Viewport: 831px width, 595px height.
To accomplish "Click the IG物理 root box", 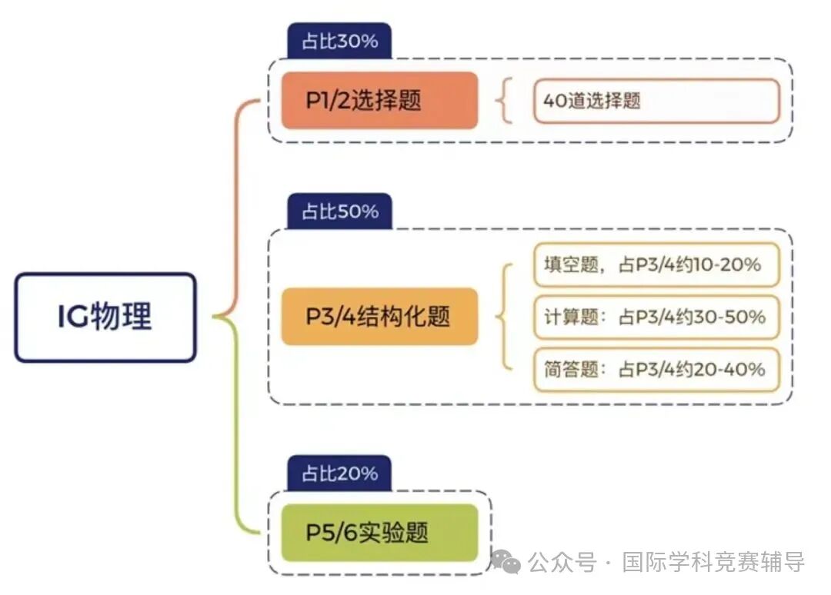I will coord(105,317).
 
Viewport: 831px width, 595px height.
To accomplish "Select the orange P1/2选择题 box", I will coord(379,101).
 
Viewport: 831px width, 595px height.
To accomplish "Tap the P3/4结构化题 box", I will coord(379,317).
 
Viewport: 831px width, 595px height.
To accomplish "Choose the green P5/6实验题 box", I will coord(379,533).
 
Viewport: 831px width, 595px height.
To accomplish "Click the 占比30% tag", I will coord(339,41).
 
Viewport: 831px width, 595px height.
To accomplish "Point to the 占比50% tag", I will coord(339,211).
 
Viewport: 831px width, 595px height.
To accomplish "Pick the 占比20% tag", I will coord(339,473).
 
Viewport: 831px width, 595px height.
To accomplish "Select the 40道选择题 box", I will coord(656,101).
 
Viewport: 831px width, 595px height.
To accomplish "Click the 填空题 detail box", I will coord(656,265).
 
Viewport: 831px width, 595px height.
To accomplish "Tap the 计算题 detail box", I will coord(656,317).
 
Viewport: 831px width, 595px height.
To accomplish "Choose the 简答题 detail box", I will coord(656,369).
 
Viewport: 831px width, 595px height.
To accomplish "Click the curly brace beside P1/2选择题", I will coord(506,101).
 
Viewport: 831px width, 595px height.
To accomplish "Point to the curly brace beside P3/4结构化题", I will coord(504,317).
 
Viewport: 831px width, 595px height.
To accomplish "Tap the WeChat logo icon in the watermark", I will coord(506,562).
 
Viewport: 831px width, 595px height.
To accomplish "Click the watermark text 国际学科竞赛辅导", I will coord(713,563).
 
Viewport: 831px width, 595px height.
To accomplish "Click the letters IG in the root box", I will coord(73,317).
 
